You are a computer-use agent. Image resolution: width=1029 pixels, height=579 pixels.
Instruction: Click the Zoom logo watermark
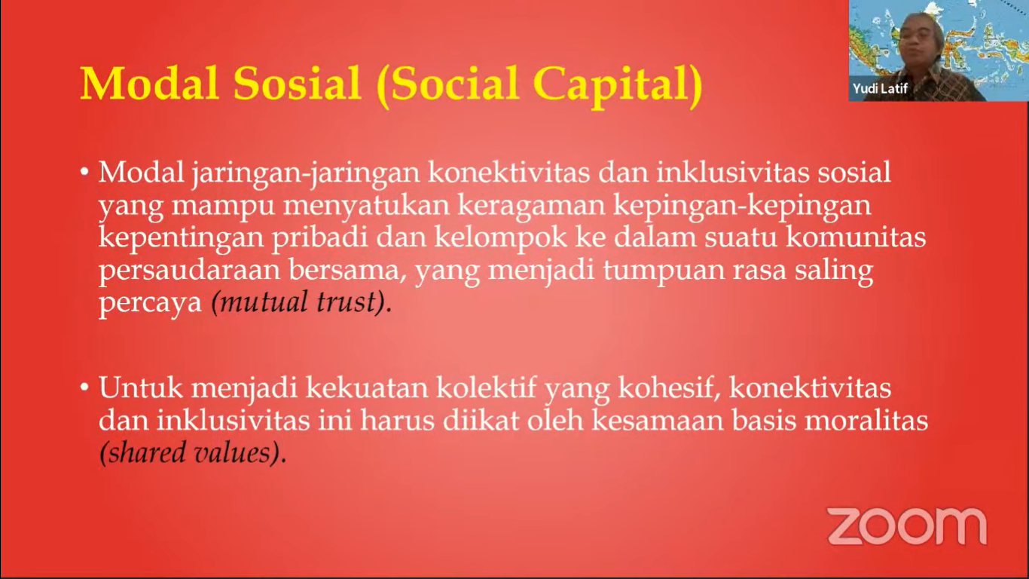(x=907, y=525)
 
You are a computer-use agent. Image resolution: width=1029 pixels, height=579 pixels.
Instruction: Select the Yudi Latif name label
(x=880, y=88)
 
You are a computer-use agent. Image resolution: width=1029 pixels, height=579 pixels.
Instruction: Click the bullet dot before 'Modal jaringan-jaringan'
(x=84, y=173)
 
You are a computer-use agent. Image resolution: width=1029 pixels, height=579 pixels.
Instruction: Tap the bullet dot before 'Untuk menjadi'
(x=84, y=388)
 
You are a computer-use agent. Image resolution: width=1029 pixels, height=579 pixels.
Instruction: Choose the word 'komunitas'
(x=856, y=237)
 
